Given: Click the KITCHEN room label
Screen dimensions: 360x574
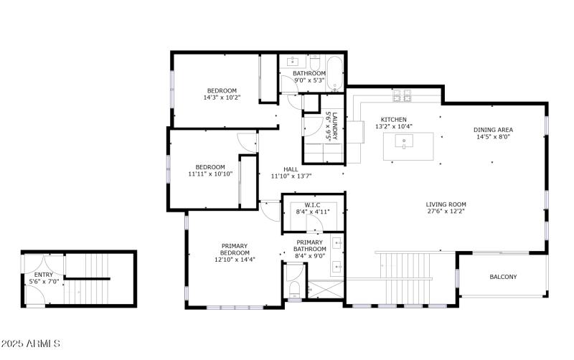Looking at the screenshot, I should pyautogui.click(x=393, y=119).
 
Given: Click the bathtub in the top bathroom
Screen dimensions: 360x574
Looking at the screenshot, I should pyautogui.click(x=334, y=74).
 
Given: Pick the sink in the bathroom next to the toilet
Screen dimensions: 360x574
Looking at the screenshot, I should pyautogui.click(x=292, y=62).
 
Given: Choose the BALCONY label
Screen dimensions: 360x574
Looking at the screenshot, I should pyautogui.click(x=503, y=277).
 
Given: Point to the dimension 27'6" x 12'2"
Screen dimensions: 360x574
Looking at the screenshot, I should pyautogui.click(x=446, y=212).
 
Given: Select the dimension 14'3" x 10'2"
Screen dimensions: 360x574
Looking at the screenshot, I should pyautogui.click(x=222, y=98).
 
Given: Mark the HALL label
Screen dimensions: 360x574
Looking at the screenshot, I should pyautogui.click(x=291, y=169).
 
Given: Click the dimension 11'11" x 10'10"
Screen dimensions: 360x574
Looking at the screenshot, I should pyautogui.click(x=210, y=174).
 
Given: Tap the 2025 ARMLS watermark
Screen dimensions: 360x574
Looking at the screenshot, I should pyautogui.click(x=31, y=344).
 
